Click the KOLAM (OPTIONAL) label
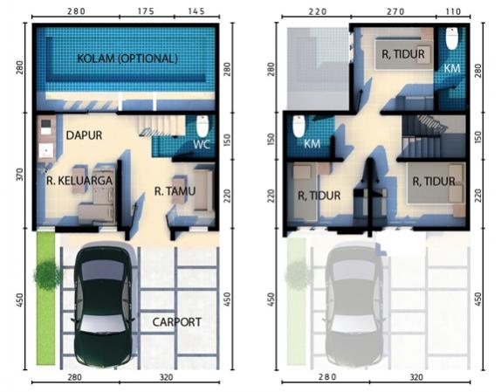[127, 58]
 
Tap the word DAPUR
[85, 135]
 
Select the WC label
[202, 143]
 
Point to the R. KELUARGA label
[77, 182]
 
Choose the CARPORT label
[177, 321]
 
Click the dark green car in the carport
[104, 304]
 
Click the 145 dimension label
[196, 11]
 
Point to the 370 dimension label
[20, 175]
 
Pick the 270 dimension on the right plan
[395, 11]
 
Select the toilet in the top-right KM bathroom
[451, 39]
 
